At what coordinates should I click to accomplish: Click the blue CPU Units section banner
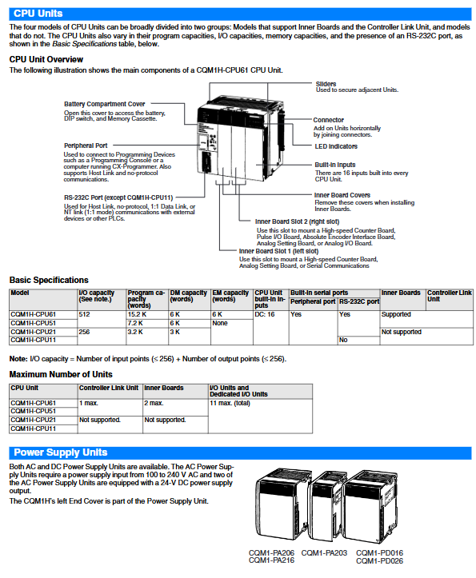[x=240, y=14]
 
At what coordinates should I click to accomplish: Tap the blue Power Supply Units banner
[x=240, y=452]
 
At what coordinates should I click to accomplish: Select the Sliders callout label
[x=326, y=84]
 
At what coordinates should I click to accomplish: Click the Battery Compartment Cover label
[x=105, y=104]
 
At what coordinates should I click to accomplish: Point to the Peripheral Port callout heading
[x=86, y=145]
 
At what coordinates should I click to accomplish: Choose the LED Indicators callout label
[x=336, y=146]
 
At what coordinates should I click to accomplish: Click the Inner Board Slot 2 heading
[x=297, y=221]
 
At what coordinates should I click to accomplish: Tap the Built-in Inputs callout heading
[x=335, y=165]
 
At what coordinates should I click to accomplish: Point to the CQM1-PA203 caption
[x=324, y=553]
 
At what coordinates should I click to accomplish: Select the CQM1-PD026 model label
[x=379, y=561]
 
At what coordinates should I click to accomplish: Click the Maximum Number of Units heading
[x=61, y=374]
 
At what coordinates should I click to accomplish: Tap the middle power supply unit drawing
[x=327, y=506]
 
